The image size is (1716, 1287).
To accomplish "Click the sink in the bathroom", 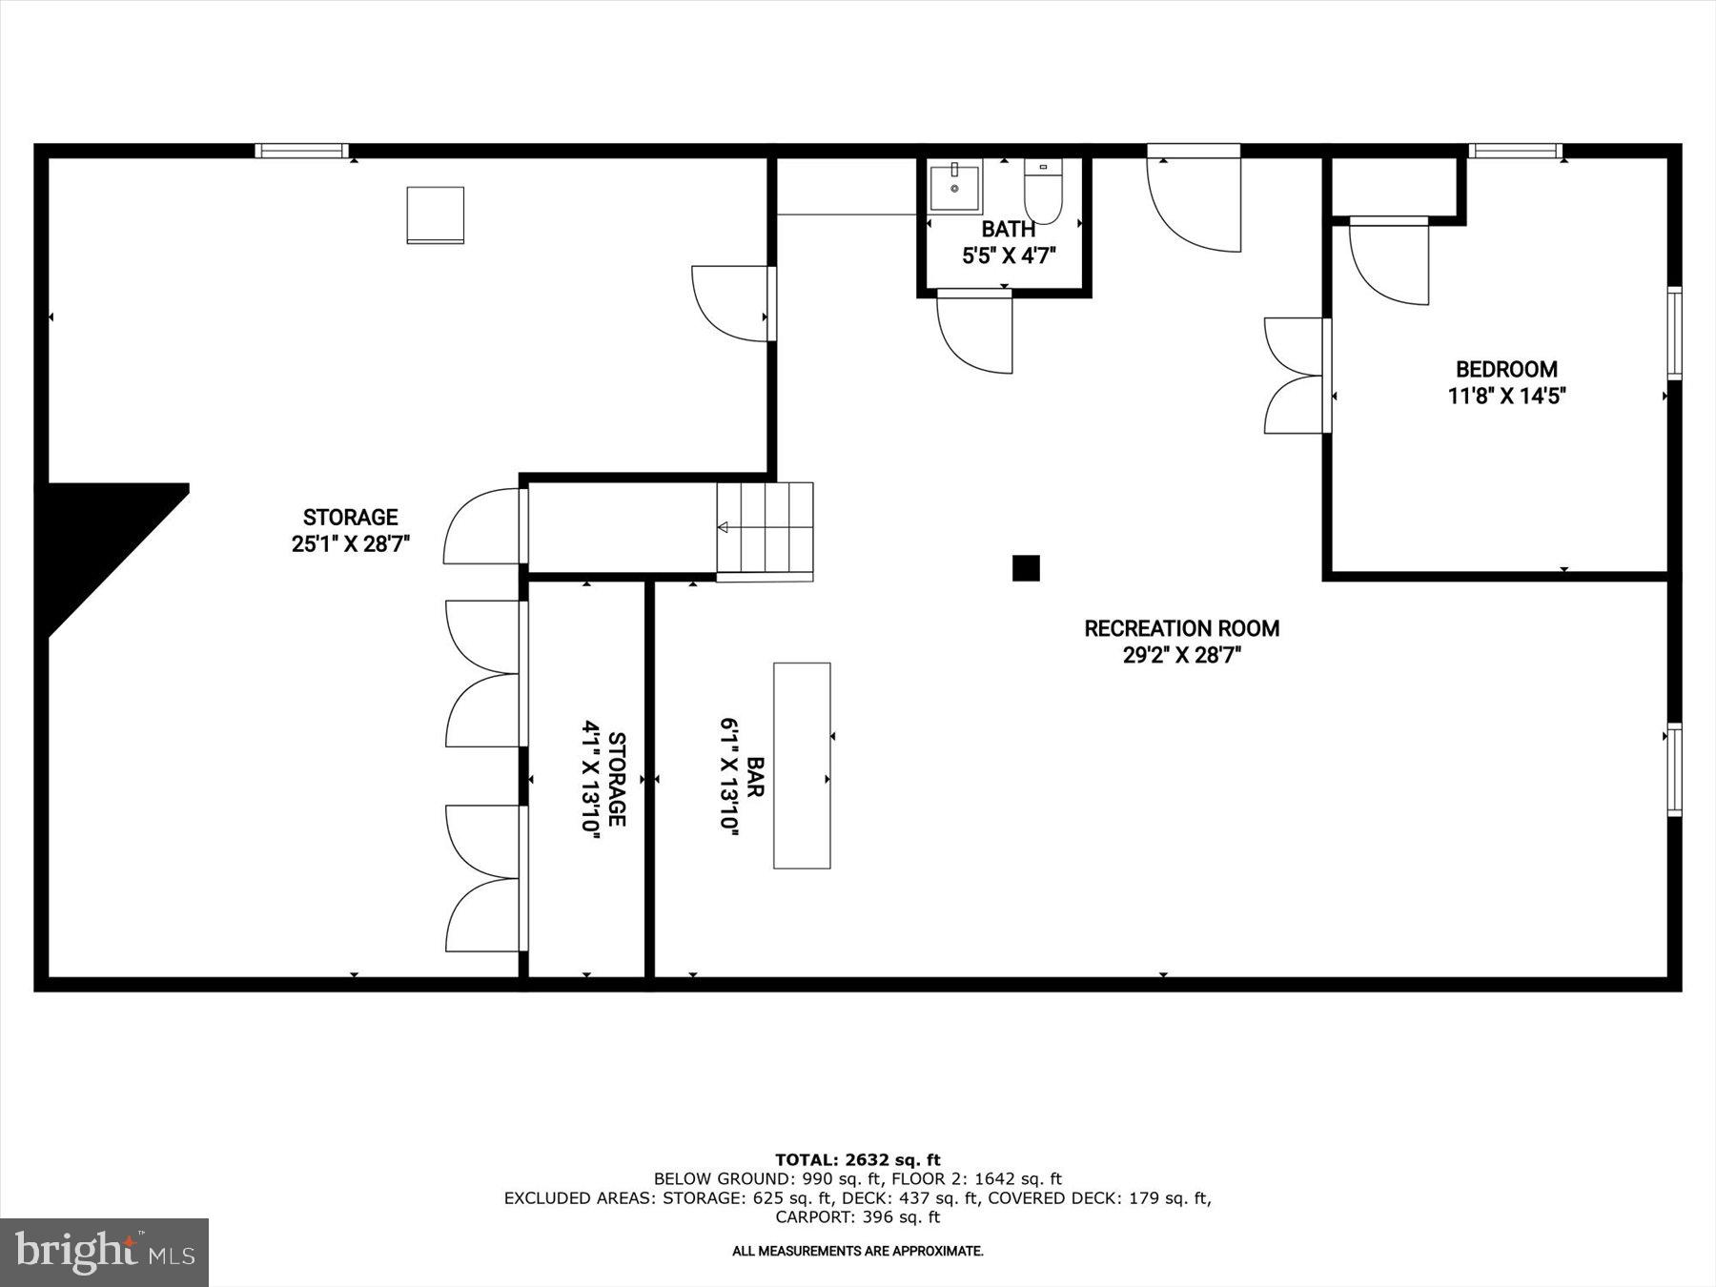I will pyautogui.click(x=954, y=188).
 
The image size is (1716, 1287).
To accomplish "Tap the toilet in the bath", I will pyautogui.click(x=1042, y=192).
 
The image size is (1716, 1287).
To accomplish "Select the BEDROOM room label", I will pyautogui.click(x=1506, y=369).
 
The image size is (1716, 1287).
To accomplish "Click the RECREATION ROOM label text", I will pyautogui.click(x=1181, y=628).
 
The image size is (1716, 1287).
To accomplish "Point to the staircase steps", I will pyautogui.click(x=765, y=530).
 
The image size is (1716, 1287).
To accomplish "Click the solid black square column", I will pyautogui.click(x=1026, y=568).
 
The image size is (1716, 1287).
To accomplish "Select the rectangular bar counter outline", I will pyautogui.click(x=802, y=766).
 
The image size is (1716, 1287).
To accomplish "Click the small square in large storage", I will pyautogui.click(x=436, y=214).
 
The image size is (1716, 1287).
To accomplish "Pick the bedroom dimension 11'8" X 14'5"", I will pyautogui.click(x=1506, y=396).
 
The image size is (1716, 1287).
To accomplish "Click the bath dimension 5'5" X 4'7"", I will pyautogui.click(x=1008, y=255).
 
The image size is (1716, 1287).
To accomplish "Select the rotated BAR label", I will pyautogui.click(x=756, y=777).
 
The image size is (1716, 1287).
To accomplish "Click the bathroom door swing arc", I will pyautogui.click(x=972, y=334).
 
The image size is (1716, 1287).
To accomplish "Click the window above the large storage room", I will pyautogui.click(x=302, y=151).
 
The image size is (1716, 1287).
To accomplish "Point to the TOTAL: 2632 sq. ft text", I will pyautogui.click(x=857, y=1159).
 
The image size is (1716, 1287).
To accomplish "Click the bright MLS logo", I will pyautogui.click(x=104, y=1252).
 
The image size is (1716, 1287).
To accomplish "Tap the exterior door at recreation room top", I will pyautogui.click(x=1194, y=200).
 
